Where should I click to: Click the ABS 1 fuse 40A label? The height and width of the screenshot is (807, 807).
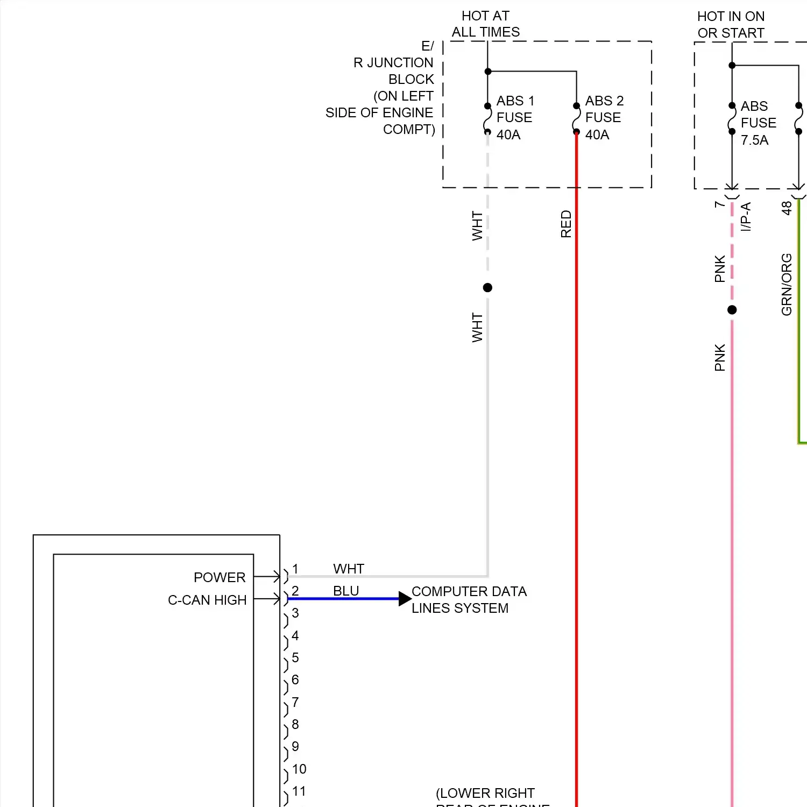pos(514,117)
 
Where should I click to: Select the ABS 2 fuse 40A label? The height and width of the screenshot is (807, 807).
pos(604,117)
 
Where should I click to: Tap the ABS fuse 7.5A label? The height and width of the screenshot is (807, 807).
pos(758,123)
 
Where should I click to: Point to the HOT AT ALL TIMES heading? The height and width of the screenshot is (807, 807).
pos(485,24)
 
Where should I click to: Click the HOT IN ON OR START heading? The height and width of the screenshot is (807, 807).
pos(731,25)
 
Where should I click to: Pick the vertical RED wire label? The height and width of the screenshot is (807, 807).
pos(566,224)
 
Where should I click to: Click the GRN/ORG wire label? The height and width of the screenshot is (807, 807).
pos(787,284)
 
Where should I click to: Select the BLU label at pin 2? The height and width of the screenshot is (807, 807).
pos(346,591)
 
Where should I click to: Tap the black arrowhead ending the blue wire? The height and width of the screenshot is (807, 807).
pos(405,599)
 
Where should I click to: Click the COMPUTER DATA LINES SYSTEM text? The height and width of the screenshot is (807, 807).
pos(469,599)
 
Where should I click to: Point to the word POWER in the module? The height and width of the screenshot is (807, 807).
pos(220,577)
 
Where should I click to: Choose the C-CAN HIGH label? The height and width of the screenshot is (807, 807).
pos(207,600)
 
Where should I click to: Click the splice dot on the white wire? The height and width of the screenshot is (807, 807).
pos(487,288)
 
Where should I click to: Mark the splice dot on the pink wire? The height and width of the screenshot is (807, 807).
pos(732,310)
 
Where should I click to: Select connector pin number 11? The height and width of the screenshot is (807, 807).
pos(299,791)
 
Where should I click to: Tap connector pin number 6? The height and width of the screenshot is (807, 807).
pos(295,679)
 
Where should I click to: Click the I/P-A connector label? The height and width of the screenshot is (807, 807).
pos(746,217)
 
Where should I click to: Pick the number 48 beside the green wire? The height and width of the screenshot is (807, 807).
pos(787,208)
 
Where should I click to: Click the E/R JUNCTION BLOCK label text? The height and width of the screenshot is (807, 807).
pos(393,88)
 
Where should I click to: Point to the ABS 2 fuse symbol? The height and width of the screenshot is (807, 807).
pos(576,119)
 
